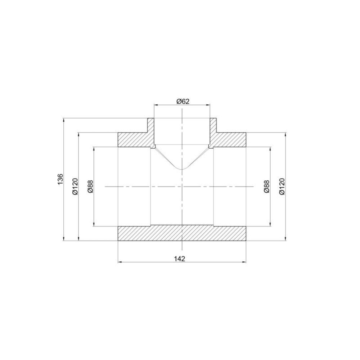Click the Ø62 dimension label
(x=183, y=101)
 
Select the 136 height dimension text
(x=60, y=179)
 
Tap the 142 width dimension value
(x=180, y=259)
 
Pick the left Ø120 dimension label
(x=75, y=186)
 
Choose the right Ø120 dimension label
(x=282, y=186)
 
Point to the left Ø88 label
(x=91, y=186)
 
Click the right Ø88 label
(x=266, y=186)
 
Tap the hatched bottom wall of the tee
(x=182, y=234)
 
